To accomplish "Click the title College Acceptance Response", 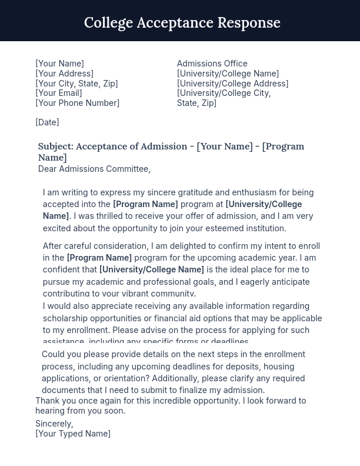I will coord(182,22).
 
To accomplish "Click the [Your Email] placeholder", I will coord(59,93).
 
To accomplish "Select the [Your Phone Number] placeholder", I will coord(77,103).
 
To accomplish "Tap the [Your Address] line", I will coord(64,74).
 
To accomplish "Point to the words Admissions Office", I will coord(212,64).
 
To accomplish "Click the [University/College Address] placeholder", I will coord(232,84).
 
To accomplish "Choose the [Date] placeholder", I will coord(47,122).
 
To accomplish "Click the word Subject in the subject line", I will coord(55,147).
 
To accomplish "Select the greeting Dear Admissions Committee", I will coord(94,169).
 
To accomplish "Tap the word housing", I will coord(278,367).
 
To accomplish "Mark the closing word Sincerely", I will coord(54,424).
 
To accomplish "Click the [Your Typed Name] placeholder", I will coord(73,434).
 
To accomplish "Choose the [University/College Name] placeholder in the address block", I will coord(228,74).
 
